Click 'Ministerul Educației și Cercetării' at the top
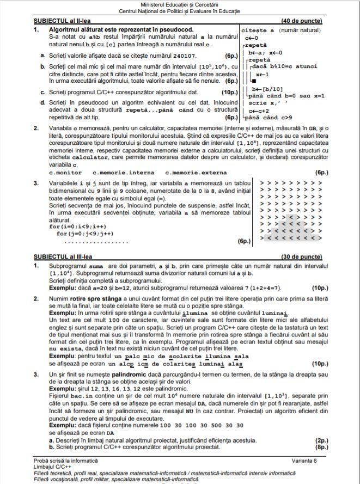click(x=179, y=4)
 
